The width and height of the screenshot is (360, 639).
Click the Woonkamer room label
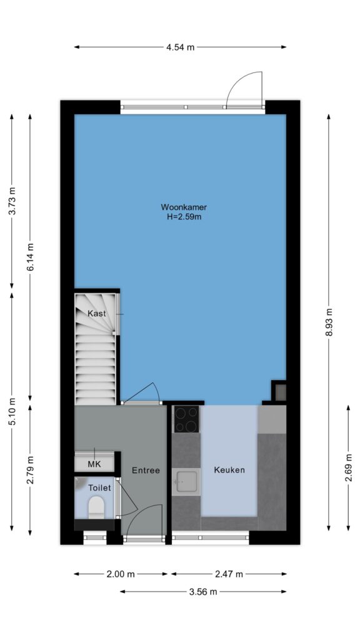(x=183, y=207)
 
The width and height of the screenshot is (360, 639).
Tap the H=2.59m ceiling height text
(x=184, y=217)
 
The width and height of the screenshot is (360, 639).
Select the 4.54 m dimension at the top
(x=180, y=47)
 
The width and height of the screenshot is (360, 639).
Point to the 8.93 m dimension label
(x=329, y=321)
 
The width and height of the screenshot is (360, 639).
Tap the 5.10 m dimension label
(x=12, y=412)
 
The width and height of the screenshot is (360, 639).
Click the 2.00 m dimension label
(x=121, y=574)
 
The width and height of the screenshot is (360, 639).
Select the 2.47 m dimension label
(x=228, y=574)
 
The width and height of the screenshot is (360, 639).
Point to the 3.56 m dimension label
(x=203, y=592)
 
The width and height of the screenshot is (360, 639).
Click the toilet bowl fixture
(x=97, y=507)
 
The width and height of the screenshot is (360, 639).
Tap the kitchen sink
(x=186, y=482)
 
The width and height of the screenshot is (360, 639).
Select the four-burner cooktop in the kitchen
(x=186, y=419)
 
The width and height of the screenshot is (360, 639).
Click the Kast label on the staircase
(x=97, y=314)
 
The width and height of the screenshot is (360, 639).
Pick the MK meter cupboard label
(x=95, y=464)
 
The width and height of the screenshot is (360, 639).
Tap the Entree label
(x=146, y=471)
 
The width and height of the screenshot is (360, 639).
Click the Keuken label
(x=229, y=470)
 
